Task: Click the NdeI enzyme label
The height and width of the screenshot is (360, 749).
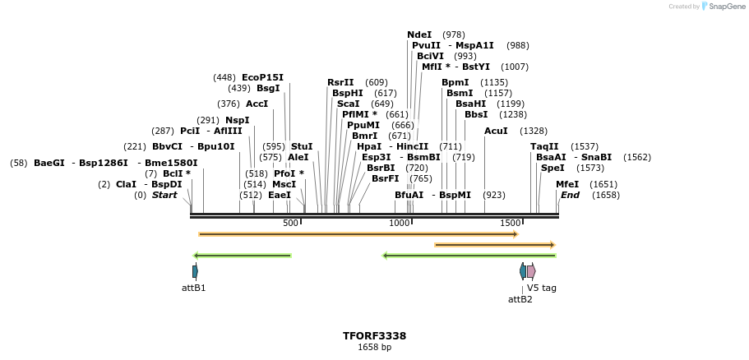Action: click(419, 35)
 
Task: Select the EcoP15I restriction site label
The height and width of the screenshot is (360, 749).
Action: click(262, 77)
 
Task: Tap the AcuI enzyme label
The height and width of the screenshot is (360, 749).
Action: click(496, 131)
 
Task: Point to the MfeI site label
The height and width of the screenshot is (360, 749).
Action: click(567, 184)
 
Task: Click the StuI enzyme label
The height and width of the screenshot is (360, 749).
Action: click(302, 146)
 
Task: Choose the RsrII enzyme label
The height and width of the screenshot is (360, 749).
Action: click(340, 82)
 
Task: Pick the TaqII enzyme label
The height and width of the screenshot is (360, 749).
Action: click(544, 146)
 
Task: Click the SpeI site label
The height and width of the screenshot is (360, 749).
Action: click(553, 168)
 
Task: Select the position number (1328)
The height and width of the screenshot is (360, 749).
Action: click(534, 131)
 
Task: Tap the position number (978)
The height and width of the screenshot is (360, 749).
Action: click(454, 35)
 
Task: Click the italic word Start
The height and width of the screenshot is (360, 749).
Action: click(164, 195)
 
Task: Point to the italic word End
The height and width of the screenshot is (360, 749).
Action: click(570, 195)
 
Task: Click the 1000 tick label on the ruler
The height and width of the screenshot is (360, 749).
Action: click(399, 223)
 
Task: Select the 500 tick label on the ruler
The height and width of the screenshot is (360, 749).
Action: click(290, 223)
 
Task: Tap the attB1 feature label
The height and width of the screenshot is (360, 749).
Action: click(194, 288)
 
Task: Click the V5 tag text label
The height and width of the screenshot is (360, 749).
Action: click(542, 288)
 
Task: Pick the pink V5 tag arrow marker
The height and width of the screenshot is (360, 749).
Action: click(531, 271)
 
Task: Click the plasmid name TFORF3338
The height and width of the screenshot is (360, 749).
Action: click(374, 336)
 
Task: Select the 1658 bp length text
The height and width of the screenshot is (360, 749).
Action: click(374, 348)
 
